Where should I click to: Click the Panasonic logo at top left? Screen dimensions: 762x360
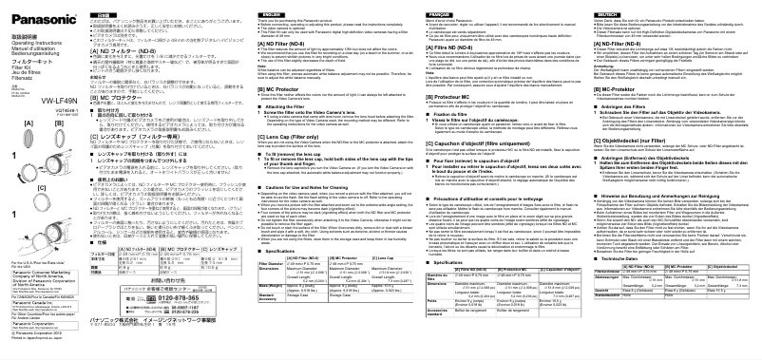29,11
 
